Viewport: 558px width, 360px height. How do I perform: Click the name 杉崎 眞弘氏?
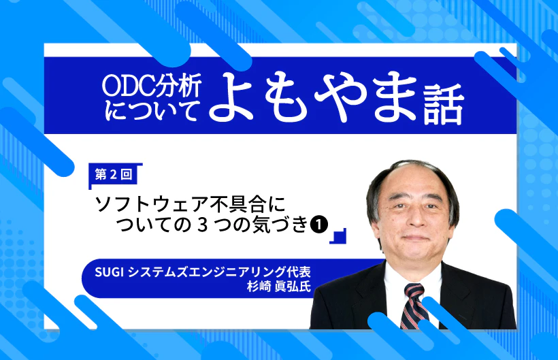point(280,285)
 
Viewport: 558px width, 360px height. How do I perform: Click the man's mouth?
point(412,238)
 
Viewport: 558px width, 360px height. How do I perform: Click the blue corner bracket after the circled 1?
point(338,235)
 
